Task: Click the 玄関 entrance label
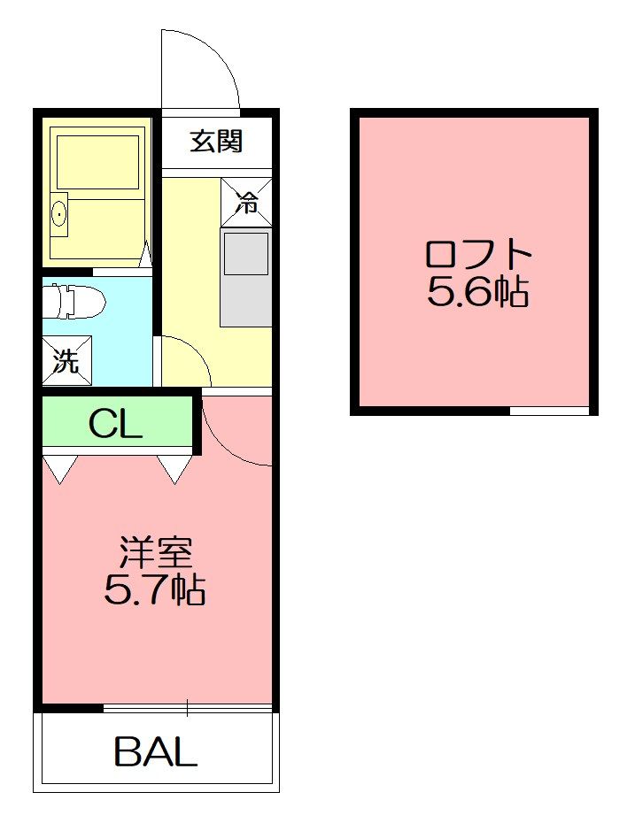216,142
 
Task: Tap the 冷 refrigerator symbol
246,203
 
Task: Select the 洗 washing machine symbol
67,360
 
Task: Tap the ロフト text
478,255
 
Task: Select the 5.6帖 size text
478,291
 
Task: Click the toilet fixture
74,302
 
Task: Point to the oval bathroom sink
60,214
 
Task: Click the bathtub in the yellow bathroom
97,162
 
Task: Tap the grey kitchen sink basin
246,253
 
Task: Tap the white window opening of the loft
549,411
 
